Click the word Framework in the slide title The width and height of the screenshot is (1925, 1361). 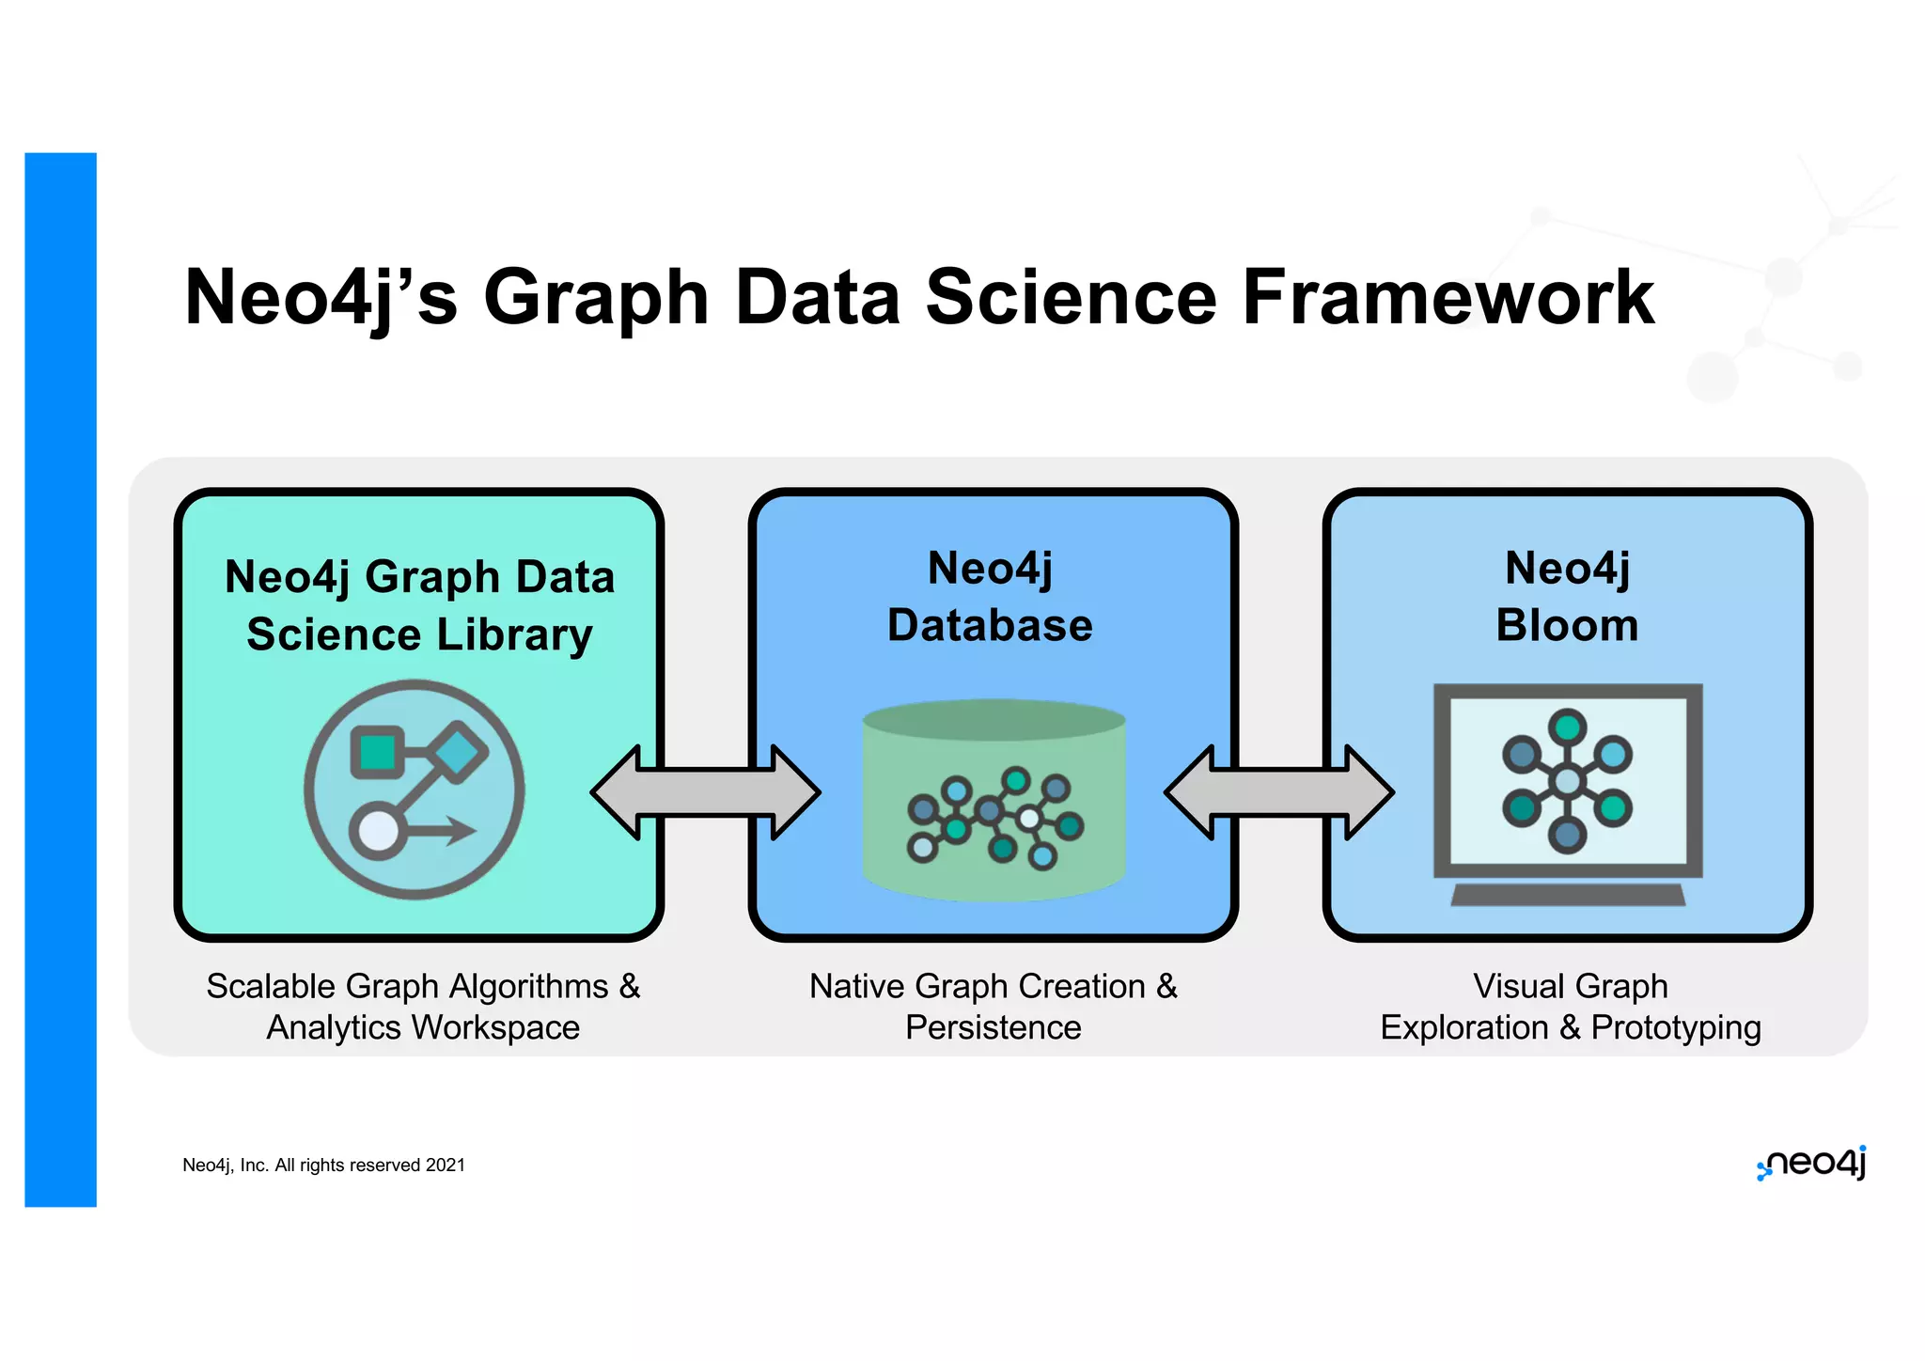click(1448, 297)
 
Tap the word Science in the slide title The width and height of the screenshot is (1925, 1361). click(1071, 297)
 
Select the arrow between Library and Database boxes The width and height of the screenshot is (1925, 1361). click(706, 792)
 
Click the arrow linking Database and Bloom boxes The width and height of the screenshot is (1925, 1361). click(1279, 792)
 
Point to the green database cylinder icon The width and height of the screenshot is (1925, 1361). click(994, 799)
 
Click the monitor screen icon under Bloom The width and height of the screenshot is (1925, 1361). click(1568, 780)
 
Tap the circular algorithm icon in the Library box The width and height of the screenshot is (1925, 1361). click(415, 790)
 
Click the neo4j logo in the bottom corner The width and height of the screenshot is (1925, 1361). click(1812, 1164)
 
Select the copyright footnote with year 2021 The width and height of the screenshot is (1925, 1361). click(323, 1165)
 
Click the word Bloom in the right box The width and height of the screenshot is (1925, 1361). click(1567, 626)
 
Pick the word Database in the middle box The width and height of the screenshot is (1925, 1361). click(991, 626)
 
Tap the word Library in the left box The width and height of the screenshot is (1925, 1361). click(515, 635)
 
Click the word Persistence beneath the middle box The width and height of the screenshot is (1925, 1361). click(994, 1027)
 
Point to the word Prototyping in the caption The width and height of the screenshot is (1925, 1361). click(1676, 1028)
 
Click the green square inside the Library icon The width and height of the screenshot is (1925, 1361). click(378, 752)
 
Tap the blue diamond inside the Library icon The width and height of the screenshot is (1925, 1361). click(458, 751)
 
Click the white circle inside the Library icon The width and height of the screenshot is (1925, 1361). click(379, 831)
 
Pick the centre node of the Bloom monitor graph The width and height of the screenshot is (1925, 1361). click(1568, 781)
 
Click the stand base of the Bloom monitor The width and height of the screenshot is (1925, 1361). click(1568, 895)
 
